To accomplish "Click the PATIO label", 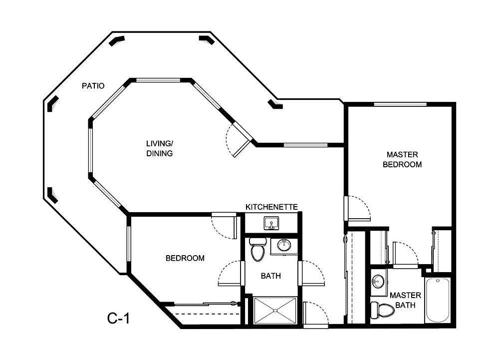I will pos(93,86).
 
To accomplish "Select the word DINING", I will pos(159,154).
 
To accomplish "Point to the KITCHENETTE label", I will pos(271,207).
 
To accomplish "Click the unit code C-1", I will pos(119,318).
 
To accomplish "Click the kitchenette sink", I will pos(272,223).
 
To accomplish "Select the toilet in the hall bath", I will pos(257,251).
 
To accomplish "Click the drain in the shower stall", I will pos(275,311).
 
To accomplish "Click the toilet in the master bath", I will pos(385,309).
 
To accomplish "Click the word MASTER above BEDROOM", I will pos(402,155).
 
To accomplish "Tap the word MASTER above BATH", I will pos(405,295).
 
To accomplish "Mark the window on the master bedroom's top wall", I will pos(400,104).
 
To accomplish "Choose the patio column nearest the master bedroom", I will pos(275,104).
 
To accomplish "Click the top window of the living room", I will pos(158,80).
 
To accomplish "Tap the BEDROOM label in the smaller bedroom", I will pos(185,258).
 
